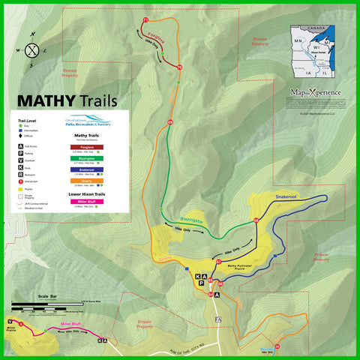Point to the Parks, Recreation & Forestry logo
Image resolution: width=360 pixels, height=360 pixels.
pyautogui.click(x=88, y=123)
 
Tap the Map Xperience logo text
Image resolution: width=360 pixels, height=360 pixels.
pyautogui.click(x=315, y=93)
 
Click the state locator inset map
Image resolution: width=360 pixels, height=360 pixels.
pyautogui.click(x=312, y=53)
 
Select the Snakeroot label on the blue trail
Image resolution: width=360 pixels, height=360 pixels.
pyautogui.click(x=286, y=196)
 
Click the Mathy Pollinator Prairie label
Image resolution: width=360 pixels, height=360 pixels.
pyautogui.click(x=238, y=265)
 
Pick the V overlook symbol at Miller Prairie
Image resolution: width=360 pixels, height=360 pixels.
pyautogui.click(x=10, y=322)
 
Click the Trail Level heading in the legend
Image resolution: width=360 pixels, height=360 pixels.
pyautogui.click(x=27, y=119)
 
